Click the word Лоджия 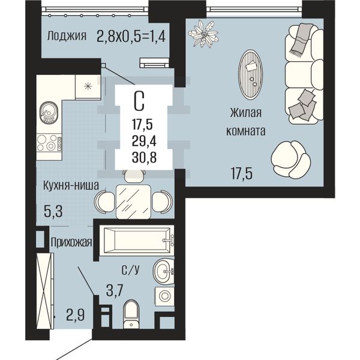[x=67, y=36]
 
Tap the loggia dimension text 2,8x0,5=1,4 [x=131, y=36]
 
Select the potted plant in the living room [x=203, y=34]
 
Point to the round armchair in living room [x=290, y=160]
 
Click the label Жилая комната [x=245, y=122]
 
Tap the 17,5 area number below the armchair [x=242, y=173]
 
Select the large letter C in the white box [x=139, y=101]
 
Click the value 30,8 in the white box [x=144, y=158]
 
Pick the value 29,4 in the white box [x=144, y=141]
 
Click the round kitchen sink [x=49, y=113]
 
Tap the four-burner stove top [x=49, y=143]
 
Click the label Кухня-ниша [x=71, y=185]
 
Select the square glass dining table [x=133, y=202]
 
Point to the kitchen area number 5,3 [x=53, y=212]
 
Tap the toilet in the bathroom [x=131, y=314]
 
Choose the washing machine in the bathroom [x=164, y=295]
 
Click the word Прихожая [x=71, y=242]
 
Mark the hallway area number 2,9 [x=76, y=315]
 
